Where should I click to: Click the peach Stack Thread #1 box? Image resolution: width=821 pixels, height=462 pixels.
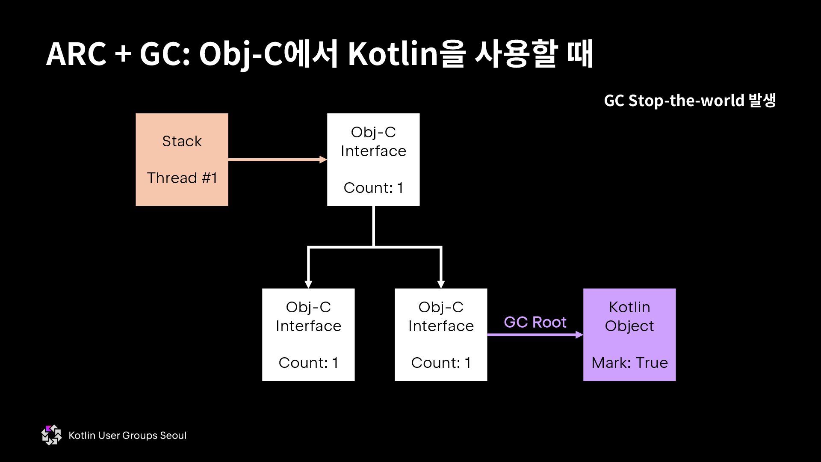[182, 160]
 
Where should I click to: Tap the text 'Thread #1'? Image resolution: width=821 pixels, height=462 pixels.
[182, 178]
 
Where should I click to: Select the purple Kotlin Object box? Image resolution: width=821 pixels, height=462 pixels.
[629, 335]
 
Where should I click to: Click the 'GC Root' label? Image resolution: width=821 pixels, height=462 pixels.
[535, 322]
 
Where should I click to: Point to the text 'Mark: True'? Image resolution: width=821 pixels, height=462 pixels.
[629, 363]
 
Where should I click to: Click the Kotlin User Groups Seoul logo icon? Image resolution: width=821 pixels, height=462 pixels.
[51, 435]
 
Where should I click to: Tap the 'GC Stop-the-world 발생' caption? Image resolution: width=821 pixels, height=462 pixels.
[690, 101]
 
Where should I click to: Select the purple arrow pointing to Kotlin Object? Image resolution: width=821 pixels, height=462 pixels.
[535, 335]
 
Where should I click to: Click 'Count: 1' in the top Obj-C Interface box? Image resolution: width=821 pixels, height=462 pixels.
[373, 188]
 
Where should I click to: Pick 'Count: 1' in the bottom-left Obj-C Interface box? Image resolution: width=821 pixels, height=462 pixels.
[308, 363]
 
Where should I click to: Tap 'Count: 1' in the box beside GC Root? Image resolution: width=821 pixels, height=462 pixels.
[441, 363]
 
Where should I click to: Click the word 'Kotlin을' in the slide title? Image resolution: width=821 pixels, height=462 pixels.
[406, 55]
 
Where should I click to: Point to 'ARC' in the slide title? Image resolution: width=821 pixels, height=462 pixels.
[76, 55]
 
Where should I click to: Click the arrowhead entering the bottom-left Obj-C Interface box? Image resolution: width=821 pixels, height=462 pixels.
[308, 284]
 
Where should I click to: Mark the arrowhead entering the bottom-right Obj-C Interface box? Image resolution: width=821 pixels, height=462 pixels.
[441, 284]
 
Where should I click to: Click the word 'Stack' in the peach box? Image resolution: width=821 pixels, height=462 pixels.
[182, 141]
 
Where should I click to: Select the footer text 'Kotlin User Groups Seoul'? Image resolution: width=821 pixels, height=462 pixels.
[127, 435]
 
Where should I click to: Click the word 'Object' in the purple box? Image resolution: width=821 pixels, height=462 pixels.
[629, 326]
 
